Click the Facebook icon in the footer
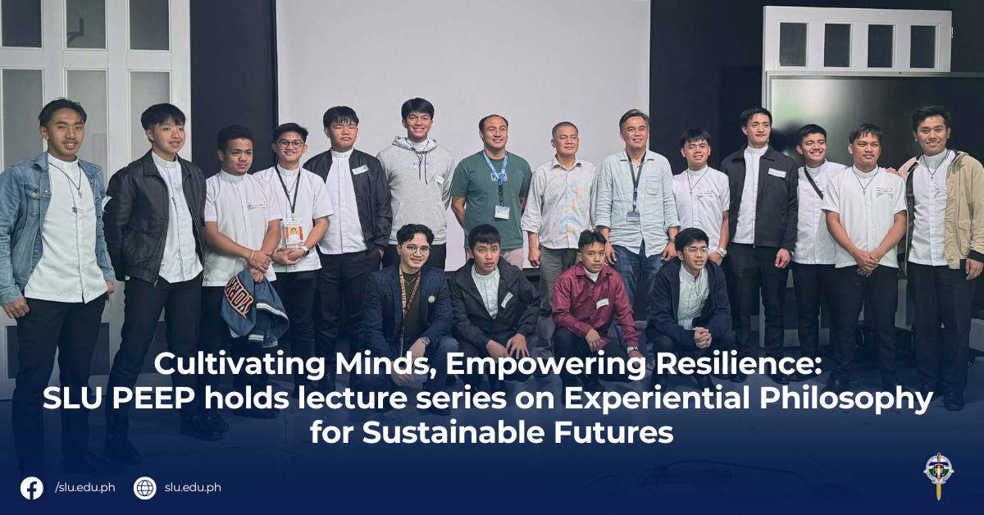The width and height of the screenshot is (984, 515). [32, 488]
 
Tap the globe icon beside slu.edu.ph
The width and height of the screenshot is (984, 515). [144, 488]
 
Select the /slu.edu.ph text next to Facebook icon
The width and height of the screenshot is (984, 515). [85, 488]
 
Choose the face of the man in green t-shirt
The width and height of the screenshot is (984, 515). [493, 134]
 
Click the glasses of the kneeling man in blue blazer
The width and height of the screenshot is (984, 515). [415, 248]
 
